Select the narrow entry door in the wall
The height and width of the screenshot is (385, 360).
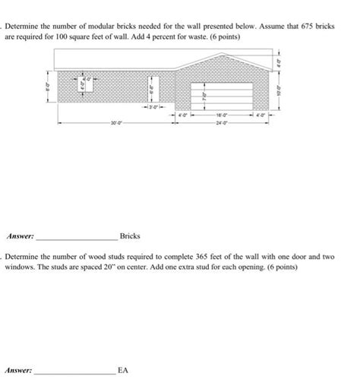tap(151, 92)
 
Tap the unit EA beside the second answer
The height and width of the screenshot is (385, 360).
tap(124, 371)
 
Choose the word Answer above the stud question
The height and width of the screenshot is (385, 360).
tap(20, 236)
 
